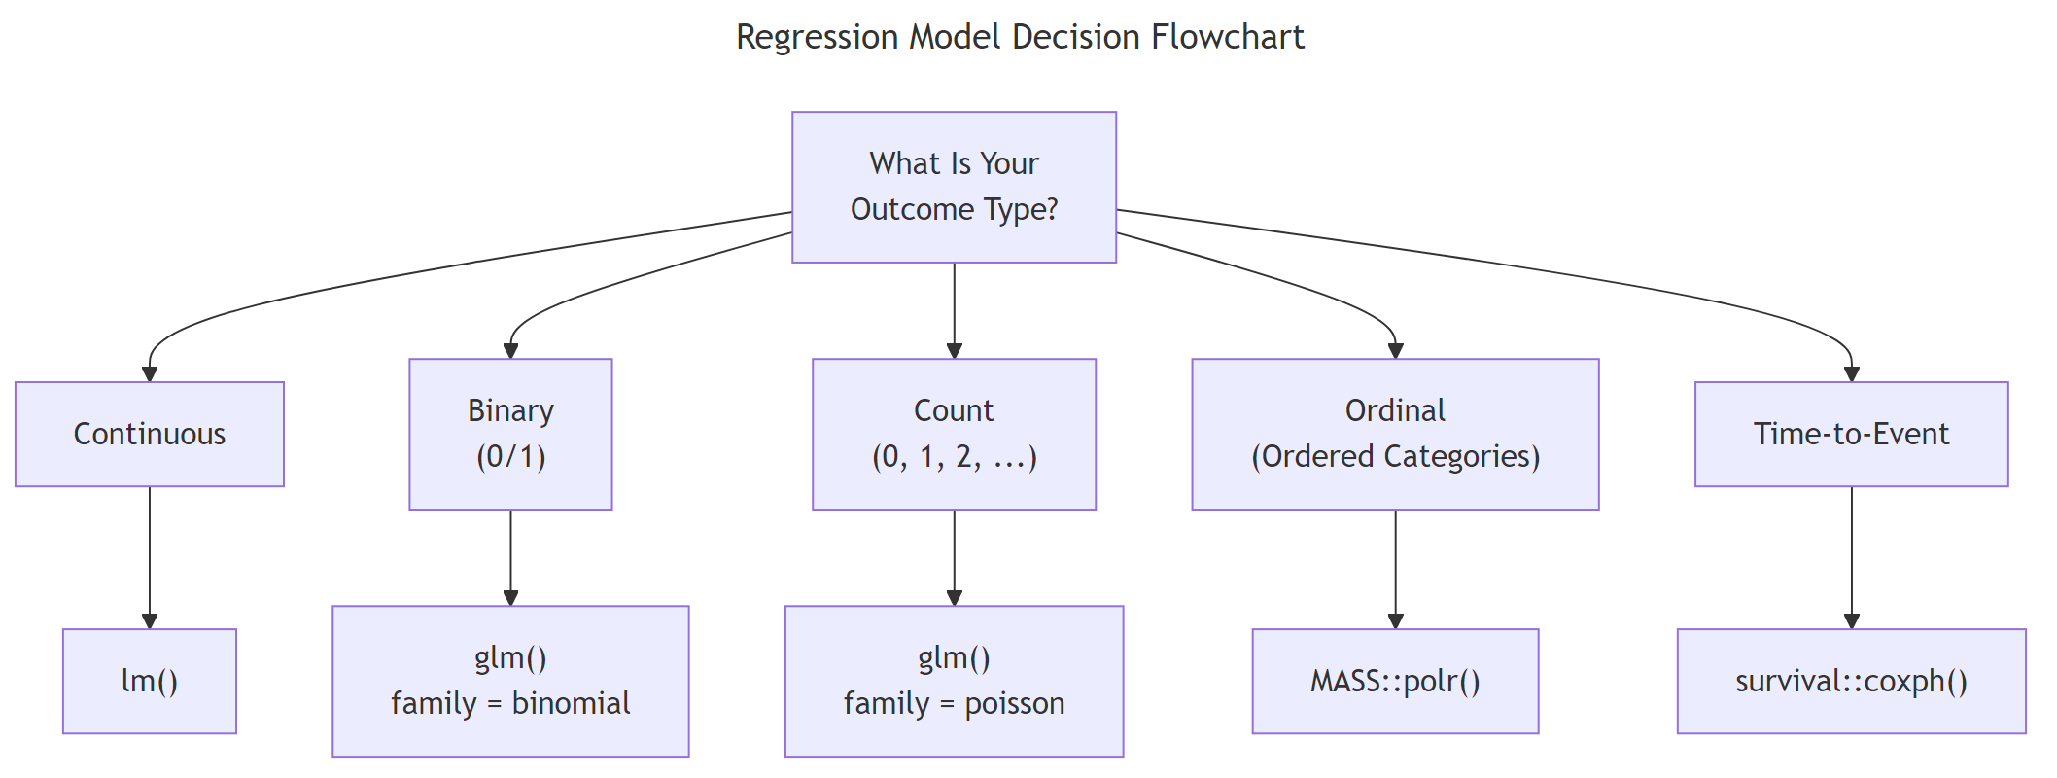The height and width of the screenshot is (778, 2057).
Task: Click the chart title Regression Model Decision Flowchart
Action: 1020,37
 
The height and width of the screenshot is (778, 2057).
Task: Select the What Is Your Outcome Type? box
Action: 954,187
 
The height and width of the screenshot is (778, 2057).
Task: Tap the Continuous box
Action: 150,434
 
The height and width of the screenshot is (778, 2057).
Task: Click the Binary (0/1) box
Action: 510,434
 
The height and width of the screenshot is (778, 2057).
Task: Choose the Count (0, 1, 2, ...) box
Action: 954,434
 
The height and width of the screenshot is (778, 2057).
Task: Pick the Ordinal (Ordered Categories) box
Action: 1395,434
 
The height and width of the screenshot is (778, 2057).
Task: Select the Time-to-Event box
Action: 1851,434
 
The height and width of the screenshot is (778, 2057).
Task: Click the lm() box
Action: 150,681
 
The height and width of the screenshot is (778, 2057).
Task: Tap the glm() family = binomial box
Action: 510,681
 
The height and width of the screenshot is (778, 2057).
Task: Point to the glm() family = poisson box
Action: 954,681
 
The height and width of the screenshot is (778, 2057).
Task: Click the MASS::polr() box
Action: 1395,681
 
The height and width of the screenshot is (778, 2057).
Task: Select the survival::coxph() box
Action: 1851,681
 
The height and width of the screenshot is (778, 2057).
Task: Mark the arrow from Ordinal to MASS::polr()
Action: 1395,568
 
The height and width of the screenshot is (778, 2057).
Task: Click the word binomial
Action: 571,703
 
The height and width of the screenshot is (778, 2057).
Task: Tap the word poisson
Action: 1014,703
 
